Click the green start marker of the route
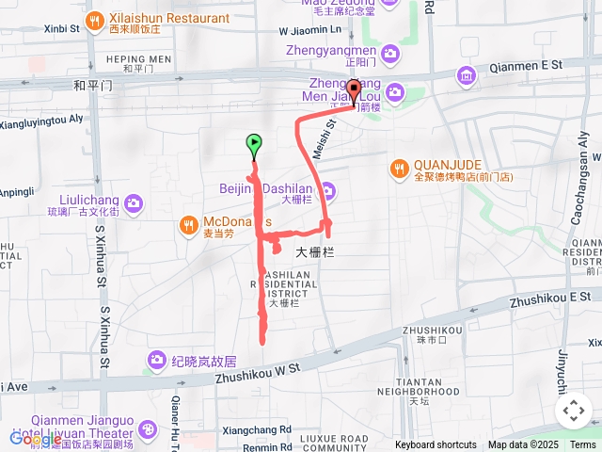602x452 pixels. [253, 145]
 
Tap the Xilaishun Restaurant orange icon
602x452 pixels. [95, 20]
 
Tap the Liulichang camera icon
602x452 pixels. [133, 202]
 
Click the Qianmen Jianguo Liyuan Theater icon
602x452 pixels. [148, 429]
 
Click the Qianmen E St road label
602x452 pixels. [530, 65]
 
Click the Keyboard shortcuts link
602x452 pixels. [436, 444]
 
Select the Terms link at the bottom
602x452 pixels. [582, 444]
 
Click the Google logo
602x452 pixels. [36, 439]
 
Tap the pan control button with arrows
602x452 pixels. [573, 411]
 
